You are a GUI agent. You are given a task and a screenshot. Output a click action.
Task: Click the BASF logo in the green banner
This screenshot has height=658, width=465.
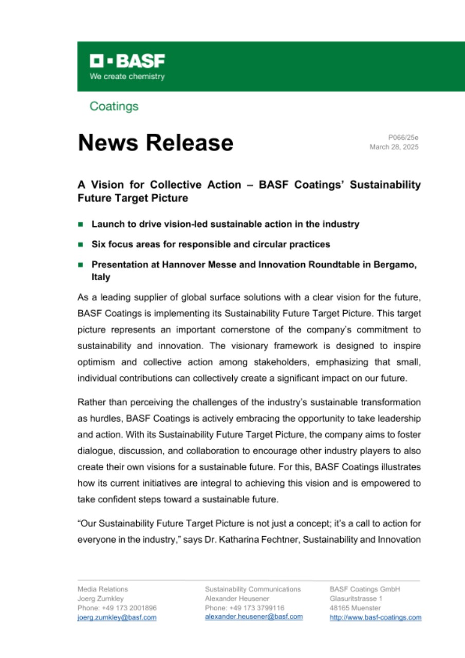[127, 62]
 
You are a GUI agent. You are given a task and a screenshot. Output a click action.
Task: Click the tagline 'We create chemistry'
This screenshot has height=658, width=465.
[127, 77]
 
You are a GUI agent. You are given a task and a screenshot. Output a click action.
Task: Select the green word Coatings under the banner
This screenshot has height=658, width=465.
[114, 106]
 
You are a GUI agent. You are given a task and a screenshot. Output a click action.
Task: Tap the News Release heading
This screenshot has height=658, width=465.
[155, 142]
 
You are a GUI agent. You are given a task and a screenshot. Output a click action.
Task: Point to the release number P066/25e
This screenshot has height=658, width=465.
[403, 137]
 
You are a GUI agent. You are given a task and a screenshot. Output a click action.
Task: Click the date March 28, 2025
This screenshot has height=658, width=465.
[394, 147]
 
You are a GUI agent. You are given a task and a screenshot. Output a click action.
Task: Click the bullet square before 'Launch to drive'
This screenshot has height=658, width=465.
[80, 225]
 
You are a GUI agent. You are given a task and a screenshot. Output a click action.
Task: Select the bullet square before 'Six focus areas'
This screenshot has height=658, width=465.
[80, 245]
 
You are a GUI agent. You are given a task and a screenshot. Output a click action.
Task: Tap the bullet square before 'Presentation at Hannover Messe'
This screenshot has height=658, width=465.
[80, 265]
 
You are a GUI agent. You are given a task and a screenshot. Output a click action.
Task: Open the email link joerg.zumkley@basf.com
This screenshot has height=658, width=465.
[117, 617]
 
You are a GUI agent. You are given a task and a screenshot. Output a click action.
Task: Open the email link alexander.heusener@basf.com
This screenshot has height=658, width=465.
[253, 617]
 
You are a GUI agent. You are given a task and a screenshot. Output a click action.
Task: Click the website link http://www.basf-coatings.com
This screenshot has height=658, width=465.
[375, 617]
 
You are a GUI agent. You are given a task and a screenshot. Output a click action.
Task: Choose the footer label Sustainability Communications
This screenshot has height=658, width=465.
[253, 589]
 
